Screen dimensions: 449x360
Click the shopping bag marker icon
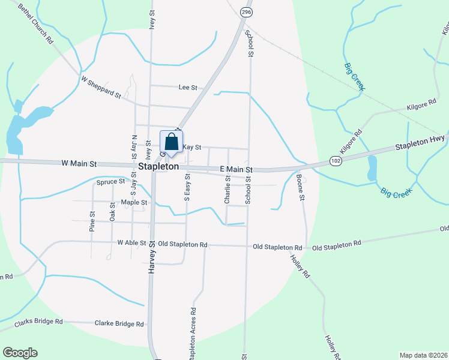[171, 143]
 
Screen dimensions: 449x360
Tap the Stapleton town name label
[158, 166]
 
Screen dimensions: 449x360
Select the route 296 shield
[246, 12]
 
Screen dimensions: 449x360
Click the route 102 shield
[336, 161]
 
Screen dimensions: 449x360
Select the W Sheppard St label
[101, 87]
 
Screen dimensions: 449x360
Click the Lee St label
[188, 88]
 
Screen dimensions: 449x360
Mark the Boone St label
[300, 187]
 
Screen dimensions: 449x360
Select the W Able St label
[131, 244]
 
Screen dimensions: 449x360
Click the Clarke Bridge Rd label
[119, 323]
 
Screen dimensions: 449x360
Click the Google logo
[20, 353]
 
